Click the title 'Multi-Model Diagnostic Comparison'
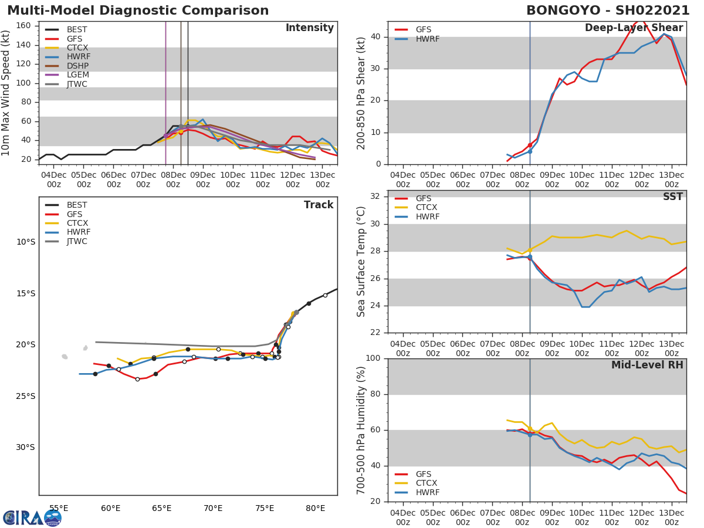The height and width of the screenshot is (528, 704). tap(138, 11)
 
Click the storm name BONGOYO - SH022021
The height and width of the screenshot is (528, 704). tap(604, 11)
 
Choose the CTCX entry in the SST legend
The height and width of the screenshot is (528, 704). tap(426, 208)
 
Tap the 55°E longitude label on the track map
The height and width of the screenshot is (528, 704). tap(59, 508)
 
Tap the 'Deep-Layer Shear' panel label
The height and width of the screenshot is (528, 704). tap(634, 28)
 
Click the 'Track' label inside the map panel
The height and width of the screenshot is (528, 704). tap(319, 205)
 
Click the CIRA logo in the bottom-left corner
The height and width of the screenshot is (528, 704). tap(32, 517)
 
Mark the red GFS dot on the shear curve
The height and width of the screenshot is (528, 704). tap(530, 145)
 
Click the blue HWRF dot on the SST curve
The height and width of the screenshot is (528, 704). tap(530, 257)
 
